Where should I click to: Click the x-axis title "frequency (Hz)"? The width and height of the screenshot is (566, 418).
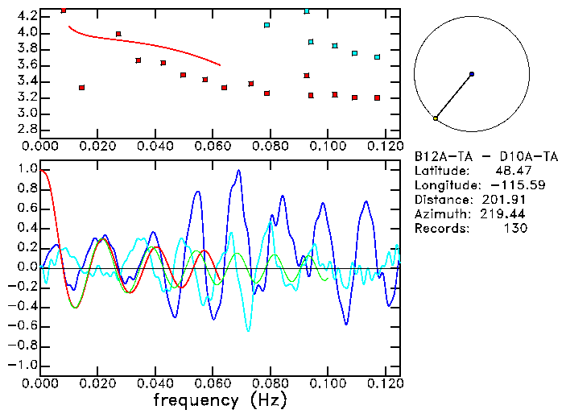[221, 399]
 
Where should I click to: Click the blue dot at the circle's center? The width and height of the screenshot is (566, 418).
[471, 74]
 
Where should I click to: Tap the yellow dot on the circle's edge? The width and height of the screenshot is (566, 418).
[436, 118]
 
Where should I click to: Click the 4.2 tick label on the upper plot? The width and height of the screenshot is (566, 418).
[27, 16]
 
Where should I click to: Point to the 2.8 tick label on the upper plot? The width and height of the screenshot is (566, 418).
[27, 130]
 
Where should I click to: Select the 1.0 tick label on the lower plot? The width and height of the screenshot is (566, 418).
[27, 170]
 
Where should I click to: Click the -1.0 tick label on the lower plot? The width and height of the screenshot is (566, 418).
[24, 365]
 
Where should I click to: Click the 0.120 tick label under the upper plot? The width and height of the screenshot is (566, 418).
[385, 147]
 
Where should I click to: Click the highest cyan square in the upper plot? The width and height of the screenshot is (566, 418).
[307, 11]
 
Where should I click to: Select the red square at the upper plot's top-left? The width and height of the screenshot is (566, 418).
[64, 10]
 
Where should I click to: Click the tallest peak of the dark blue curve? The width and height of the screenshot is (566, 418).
[238, 171]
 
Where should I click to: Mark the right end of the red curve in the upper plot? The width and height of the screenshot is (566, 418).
[220, 65]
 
